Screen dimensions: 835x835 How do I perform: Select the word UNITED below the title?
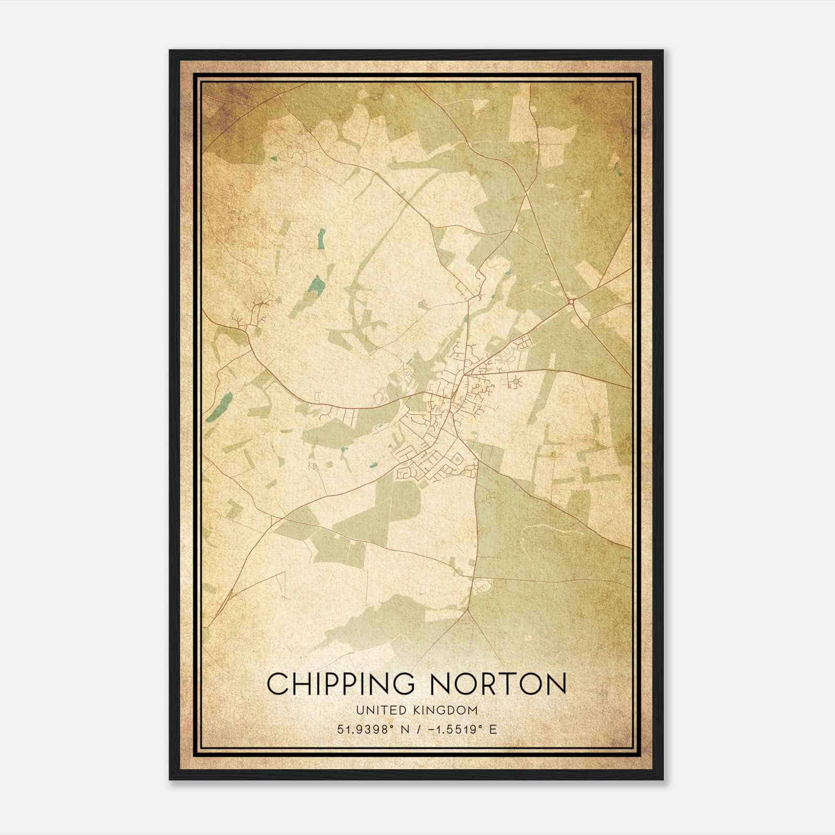coord(377,710)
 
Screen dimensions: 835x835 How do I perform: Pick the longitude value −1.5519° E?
coord(462,730)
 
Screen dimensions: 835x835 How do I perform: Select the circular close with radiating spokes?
coord(516,383)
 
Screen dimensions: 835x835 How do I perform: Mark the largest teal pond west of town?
coord(316,285)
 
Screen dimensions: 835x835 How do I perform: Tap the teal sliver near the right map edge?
coord(618,169)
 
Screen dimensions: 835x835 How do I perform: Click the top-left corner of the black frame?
coord(170,51)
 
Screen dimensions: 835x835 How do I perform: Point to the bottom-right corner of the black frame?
coord(663,779)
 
